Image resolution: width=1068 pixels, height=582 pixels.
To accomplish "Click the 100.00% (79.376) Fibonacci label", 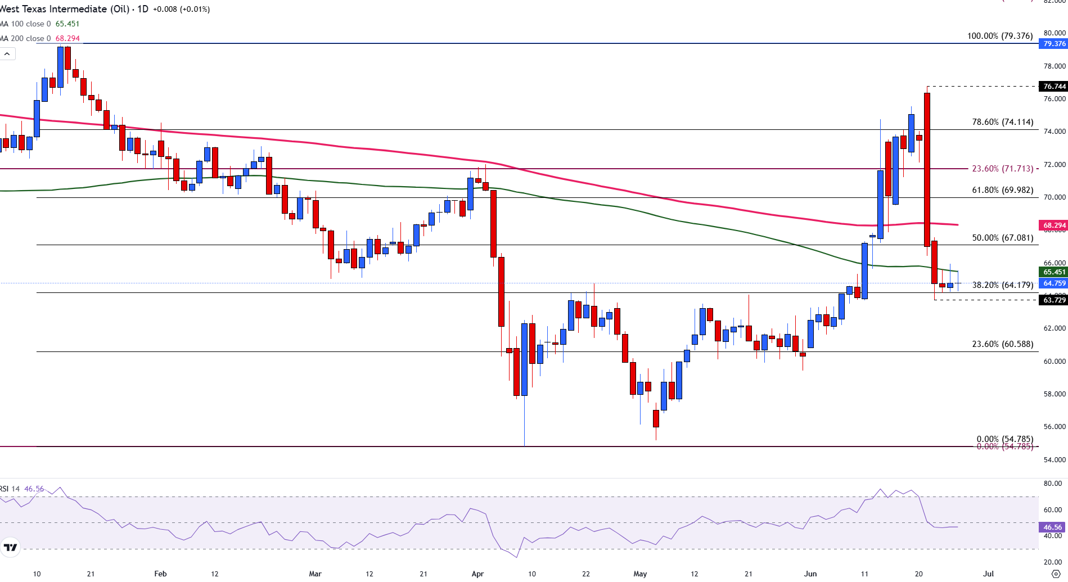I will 999,36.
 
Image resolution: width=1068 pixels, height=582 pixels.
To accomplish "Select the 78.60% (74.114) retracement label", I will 1002,122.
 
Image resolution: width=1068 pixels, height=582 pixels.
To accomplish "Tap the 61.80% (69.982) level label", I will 1002,190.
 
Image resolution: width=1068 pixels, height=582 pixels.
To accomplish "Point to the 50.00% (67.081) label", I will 1002,238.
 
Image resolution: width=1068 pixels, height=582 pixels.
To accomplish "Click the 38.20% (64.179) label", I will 1002,285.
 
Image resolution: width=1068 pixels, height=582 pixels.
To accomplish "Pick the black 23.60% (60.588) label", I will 1002,344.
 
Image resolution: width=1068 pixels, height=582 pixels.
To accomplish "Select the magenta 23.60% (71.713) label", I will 1002,169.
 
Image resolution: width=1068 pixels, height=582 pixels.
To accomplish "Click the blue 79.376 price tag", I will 1054,44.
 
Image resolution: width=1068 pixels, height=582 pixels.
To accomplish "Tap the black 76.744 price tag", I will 1054,87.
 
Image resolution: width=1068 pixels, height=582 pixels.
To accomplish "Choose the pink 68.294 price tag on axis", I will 1054,225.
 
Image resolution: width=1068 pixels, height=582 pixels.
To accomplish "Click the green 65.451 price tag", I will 1054,272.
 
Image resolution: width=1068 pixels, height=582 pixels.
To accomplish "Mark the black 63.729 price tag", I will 1054,300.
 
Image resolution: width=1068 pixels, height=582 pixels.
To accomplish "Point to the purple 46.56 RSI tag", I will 1052,527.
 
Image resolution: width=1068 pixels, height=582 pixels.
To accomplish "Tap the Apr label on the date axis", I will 477,574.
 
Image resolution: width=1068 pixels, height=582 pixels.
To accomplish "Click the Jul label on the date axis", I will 988,574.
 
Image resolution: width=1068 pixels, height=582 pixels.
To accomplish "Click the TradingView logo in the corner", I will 10,547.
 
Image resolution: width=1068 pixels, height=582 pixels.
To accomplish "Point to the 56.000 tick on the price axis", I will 1055,427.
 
